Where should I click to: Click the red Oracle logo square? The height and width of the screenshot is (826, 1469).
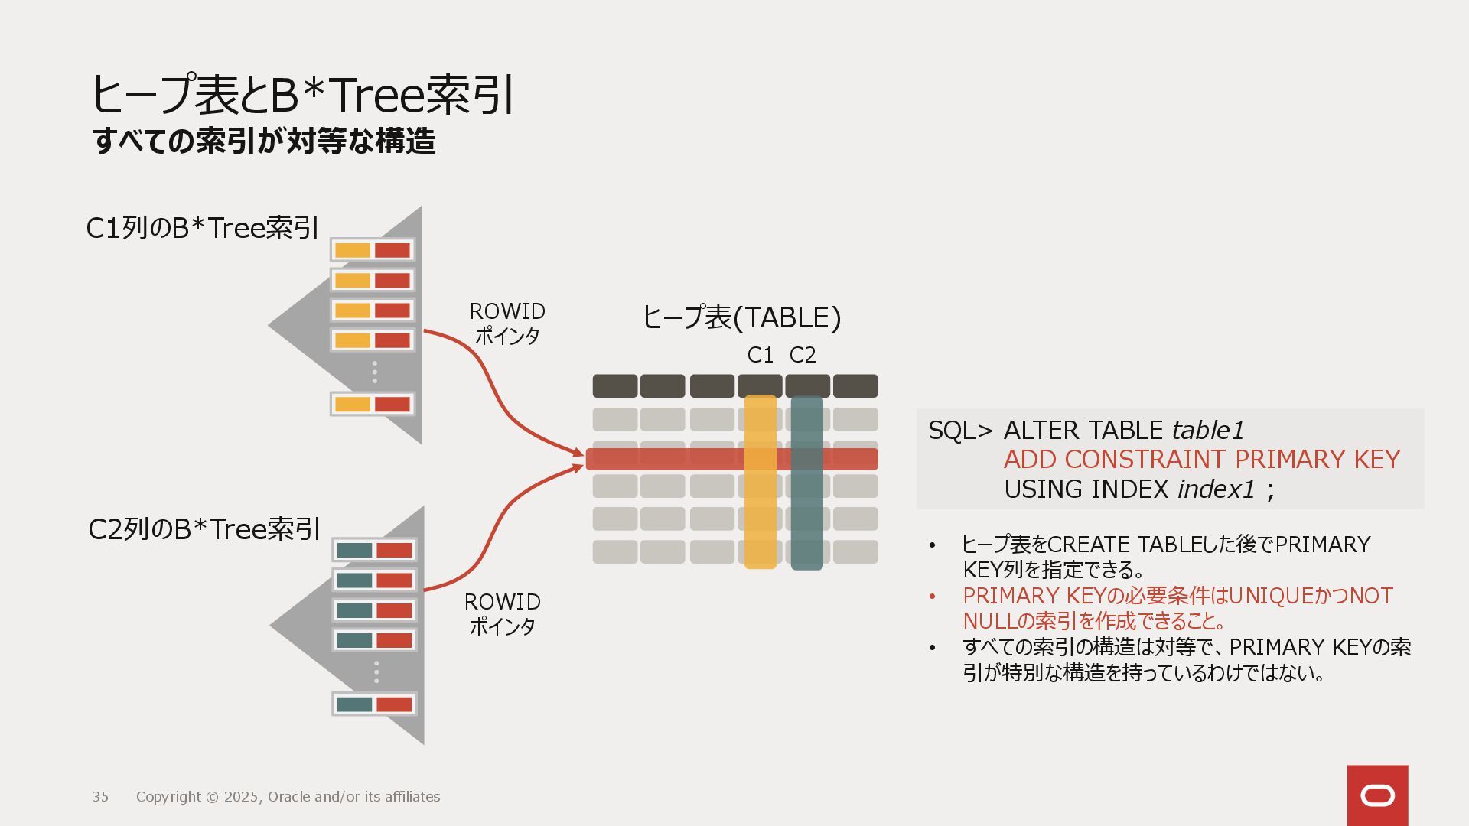pos(1377,795)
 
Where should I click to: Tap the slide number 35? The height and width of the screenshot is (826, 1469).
pos(100,797)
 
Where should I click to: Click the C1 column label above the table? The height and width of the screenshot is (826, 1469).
pos(760,355)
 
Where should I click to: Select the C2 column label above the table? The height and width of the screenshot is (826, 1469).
pos(803,355)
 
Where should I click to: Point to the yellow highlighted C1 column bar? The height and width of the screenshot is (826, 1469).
pos(761,520)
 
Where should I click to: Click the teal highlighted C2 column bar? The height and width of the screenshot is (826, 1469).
pos(806,520)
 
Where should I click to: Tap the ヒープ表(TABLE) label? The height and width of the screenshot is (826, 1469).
pos(741,317)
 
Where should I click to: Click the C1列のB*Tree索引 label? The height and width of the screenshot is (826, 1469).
pos(202,228)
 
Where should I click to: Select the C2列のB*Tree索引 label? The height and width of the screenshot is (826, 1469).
pos(204,529)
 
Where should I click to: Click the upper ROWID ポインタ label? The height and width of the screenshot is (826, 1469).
pos(507,323)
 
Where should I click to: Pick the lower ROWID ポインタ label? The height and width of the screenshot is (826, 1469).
pos(502,613)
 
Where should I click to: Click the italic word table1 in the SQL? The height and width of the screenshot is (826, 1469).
pos(1208,431)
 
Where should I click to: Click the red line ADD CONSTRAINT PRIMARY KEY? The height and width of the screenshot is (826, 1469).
pos(1201,460)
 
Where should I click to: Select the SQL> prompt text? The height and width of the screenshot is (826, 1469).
pos(960,431)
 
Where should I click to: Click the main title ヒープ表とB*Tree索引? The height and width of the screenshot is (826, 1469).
pos(302,96)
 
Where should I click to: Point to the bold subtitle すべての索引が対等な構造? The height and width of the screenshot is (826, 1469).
pos(264,141)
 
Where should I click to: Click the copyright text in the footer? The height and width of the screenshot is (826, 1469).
pos(288,797)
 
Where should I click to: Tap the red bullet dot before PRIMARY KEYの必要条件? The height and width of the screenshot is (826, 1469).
pos(932,597)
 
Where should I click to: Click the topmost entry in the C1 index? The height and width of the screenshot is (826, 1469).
pos(373,250)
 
